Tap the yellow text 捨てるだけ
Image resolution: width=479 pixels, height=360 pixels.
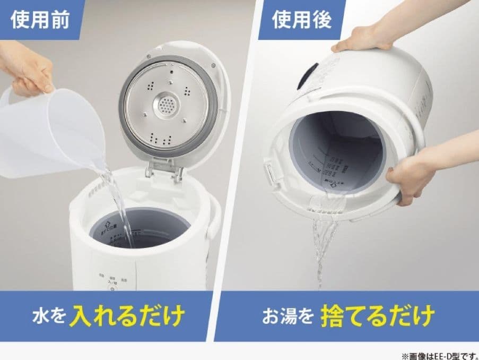coord(377,315)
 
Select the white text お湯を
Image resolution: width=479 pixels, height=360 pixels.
coord(286,316)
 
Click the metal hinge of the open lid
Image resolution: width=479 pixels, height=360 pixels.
coord(166,169)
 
